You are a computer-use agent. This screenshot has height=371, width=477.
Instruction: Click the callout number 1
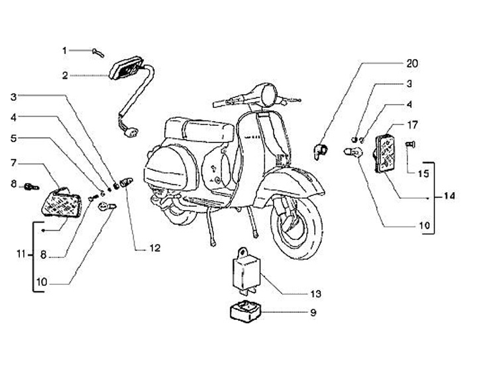click(x=65, y=50)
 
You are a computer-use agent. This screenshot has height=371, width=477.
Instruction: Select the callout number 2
click(x=65, y=76)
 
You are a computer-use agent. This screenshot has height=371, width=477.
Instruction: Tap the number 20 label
click(x=413, y=64)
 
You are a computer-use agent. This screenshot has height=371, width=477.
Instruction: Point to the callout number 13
click(x=315, y=293)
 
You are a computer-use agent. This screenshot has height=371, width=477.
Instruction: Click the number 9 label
click(x=314, y=312)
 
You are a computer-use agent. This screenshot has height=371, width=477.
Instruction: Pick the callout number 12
click(x=154, y=248)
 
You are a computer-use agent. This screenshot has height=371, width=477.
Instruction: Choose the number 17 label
click(x=412, y=124)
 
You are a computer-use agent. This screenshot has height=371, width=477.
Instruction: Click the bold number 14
click(x=450, y=197)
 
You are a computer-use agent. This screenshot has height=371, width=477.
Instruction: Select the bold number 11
click(x=21, y=254)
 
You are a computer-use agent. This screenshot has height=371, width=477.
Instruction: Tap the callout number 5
click(x=13, y=138)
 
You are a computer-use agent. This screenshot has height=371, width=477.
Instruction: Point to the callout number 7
click(x=13, y=162)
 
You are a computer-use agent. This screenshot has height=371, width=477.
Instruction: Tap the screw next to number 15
click(x=409, y=143)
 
